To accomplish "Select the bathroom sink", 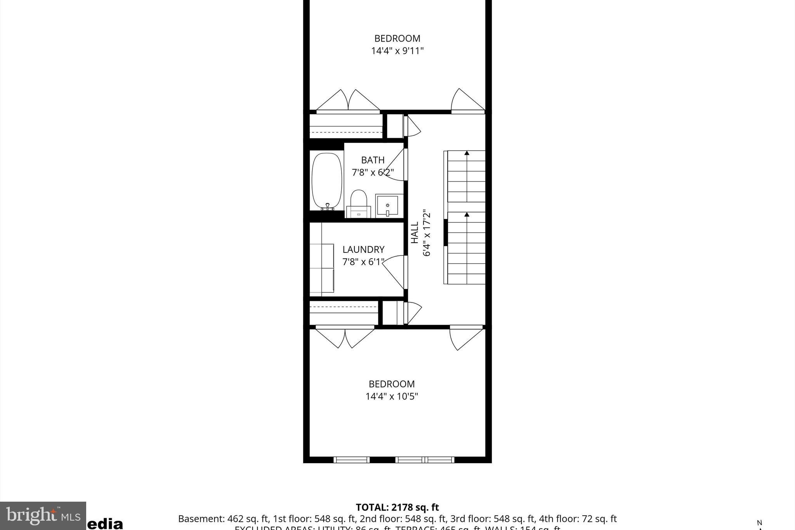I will coord(387,205).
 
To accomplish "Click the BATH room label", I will coord(373,160).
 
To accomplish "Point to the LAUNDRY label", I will coord(363,249).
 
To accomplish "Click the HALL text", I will coord(415,232).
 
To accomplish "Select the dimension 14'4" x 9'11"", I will coord(397,51).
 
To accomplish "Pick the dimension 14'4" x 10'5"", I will coord(392,396).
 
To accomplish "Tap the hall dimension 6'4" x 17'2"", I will coord(427,233).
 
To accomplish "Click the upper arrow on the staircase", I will coord(467,153).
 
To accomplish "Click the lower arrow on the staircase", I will coord(467,214).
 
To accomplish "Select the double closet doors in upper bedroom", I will coord(348,101).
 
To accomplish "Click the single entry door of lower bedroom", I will coord(465,339).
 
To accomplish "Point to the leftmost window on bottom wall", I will coord(351,460).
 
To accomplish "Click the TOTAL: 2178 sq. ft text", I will coord(397,507).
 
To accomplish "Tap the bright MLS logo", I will coord(43,516).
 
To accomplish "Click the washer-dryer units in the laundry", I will coord(322,268).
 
